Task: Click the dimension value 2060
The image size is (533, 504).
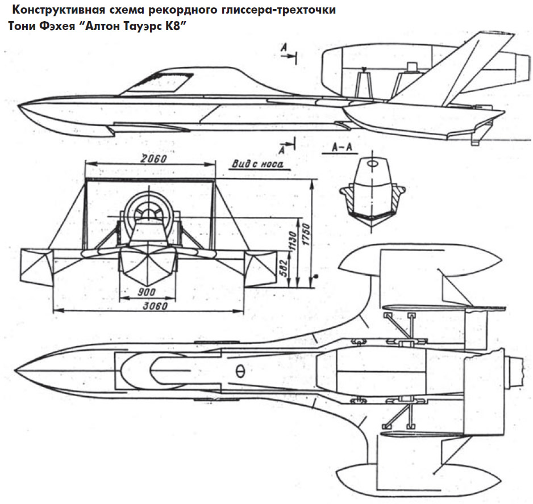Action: coord(151,159)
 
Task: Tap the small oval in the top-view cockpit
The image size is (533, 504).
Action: coord(239,371)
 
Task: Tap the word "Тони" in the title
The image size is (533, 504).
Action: coord(21,27)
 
